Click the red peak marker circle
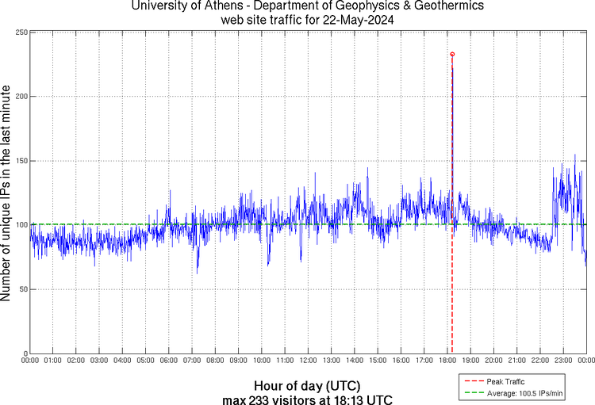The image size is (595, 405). [452, 54]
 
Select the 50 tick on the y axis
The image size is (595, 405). [21, 289]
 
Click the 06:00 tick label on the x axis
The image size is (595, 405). [169, 361]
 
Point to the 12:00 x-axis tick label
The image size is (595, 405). [308, 361]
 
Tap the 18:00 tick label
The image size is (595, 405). [447, 361]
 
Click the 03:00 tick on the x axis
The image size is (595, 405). [99, 361]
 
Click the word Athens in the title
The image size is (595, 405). [225, 6]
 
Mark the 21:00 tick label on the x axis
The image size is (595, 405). [516, 361]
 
